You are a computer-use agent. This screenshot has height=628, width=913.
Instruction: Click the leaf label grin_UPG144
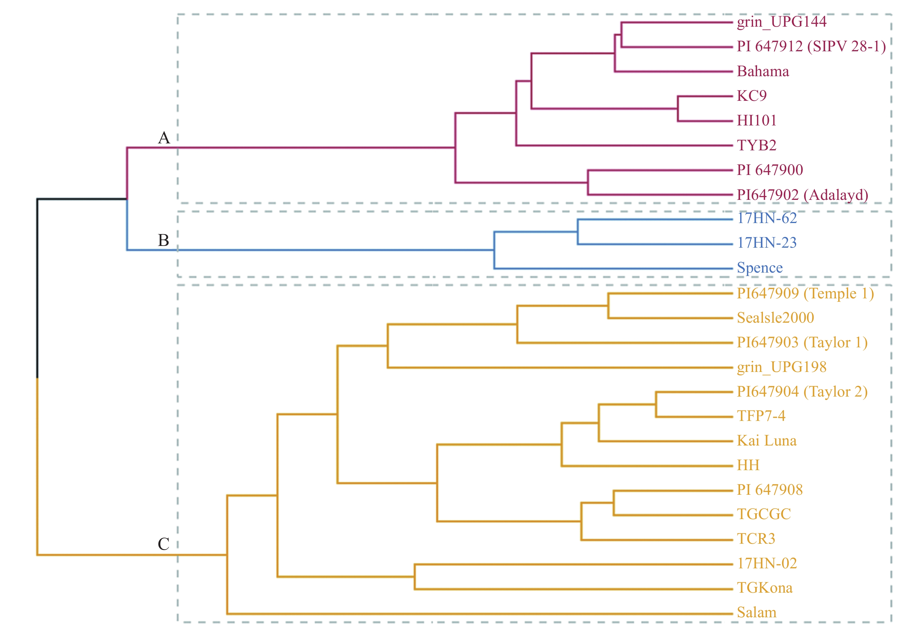point(781,22)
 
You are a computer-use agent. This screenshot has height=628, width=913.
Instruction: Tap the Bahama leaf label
point(763,71)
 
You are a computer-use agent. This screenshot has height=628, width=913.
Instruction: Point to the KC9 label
point(752,96)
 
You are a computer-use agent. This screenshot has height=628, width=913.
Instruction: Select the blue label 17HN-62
point(767,218)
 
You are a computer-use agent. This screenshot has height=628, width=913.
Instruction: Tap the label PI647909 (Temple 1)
point(805,293)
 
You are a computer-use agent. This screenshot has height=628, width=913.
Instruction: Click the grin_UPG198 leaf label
point(781,367)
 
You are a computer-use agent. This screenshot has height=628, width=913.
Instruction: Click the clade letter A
point(164,138)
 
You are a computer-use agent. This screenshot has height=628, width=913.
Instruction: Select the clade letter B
point(163,240)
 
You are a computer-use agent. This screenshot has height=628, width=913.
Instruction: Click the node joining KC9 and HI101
point(678,109)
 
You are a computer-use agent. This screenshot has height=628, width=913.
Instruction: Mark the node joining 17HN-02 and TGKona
point(414,577)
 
